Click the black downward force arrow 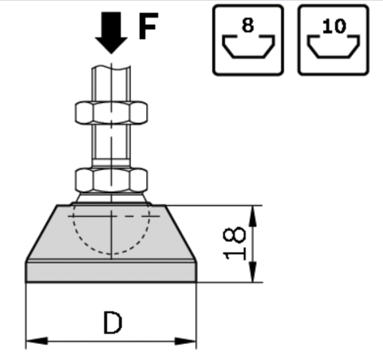[111, 32]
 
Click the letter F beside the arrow [148, 26]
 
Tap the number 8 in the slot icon [248, 26]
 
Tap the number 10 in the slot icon [334, 26]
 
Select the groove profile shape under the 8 [248, 57]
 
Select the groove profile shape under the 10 [334, 57]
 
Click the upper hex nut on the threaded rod [111, 113]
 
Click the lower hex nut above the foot [111, 180]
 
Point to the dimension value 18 [234, 243]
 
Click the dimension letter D [113, 322]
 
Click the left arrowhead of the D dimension [37, 341]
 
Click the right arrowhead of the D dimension [185, 341]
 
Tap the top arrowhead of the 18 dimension [253, 216]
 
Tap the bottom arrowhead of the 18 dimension [253, 271]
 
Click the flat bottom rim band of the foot [111, 272]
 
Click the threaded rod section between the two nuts [111, 142]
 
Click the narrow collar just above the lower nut [111, 163]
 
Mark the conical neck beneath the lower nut [111, 198]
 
